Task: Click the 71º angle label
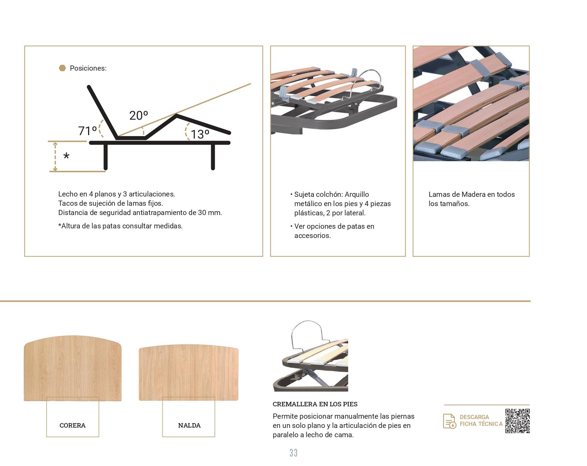click(x=87, y=131)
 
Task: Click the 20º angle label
click(x=138, y=116)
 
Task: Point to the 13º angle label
click(x=200, y=134)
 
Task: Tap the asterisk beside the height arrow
click(x=66, y=156)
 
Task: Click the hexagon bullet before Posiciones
click(x=62, y=68)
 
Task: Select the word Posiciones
click(x=88, y=68)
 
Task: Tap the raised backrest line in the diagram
click(x=103, y=111)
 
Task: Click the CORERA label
click(x=73, y=425)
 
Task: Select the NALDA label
click(x=189, y=425)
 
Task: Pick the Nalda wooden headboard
click(x=188, y=373)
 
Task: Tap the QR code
click(x=517, y=421)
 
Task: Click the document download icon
click(x=450, y=421)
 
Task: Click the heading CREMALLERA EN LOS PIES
click(x=315, y=404)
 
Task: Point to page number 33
click(x=294, y=453)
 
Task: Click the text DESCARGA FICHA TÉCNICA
click(x=481, y=420)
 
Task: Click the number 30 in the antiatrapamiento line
click(x=202, y=213)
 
